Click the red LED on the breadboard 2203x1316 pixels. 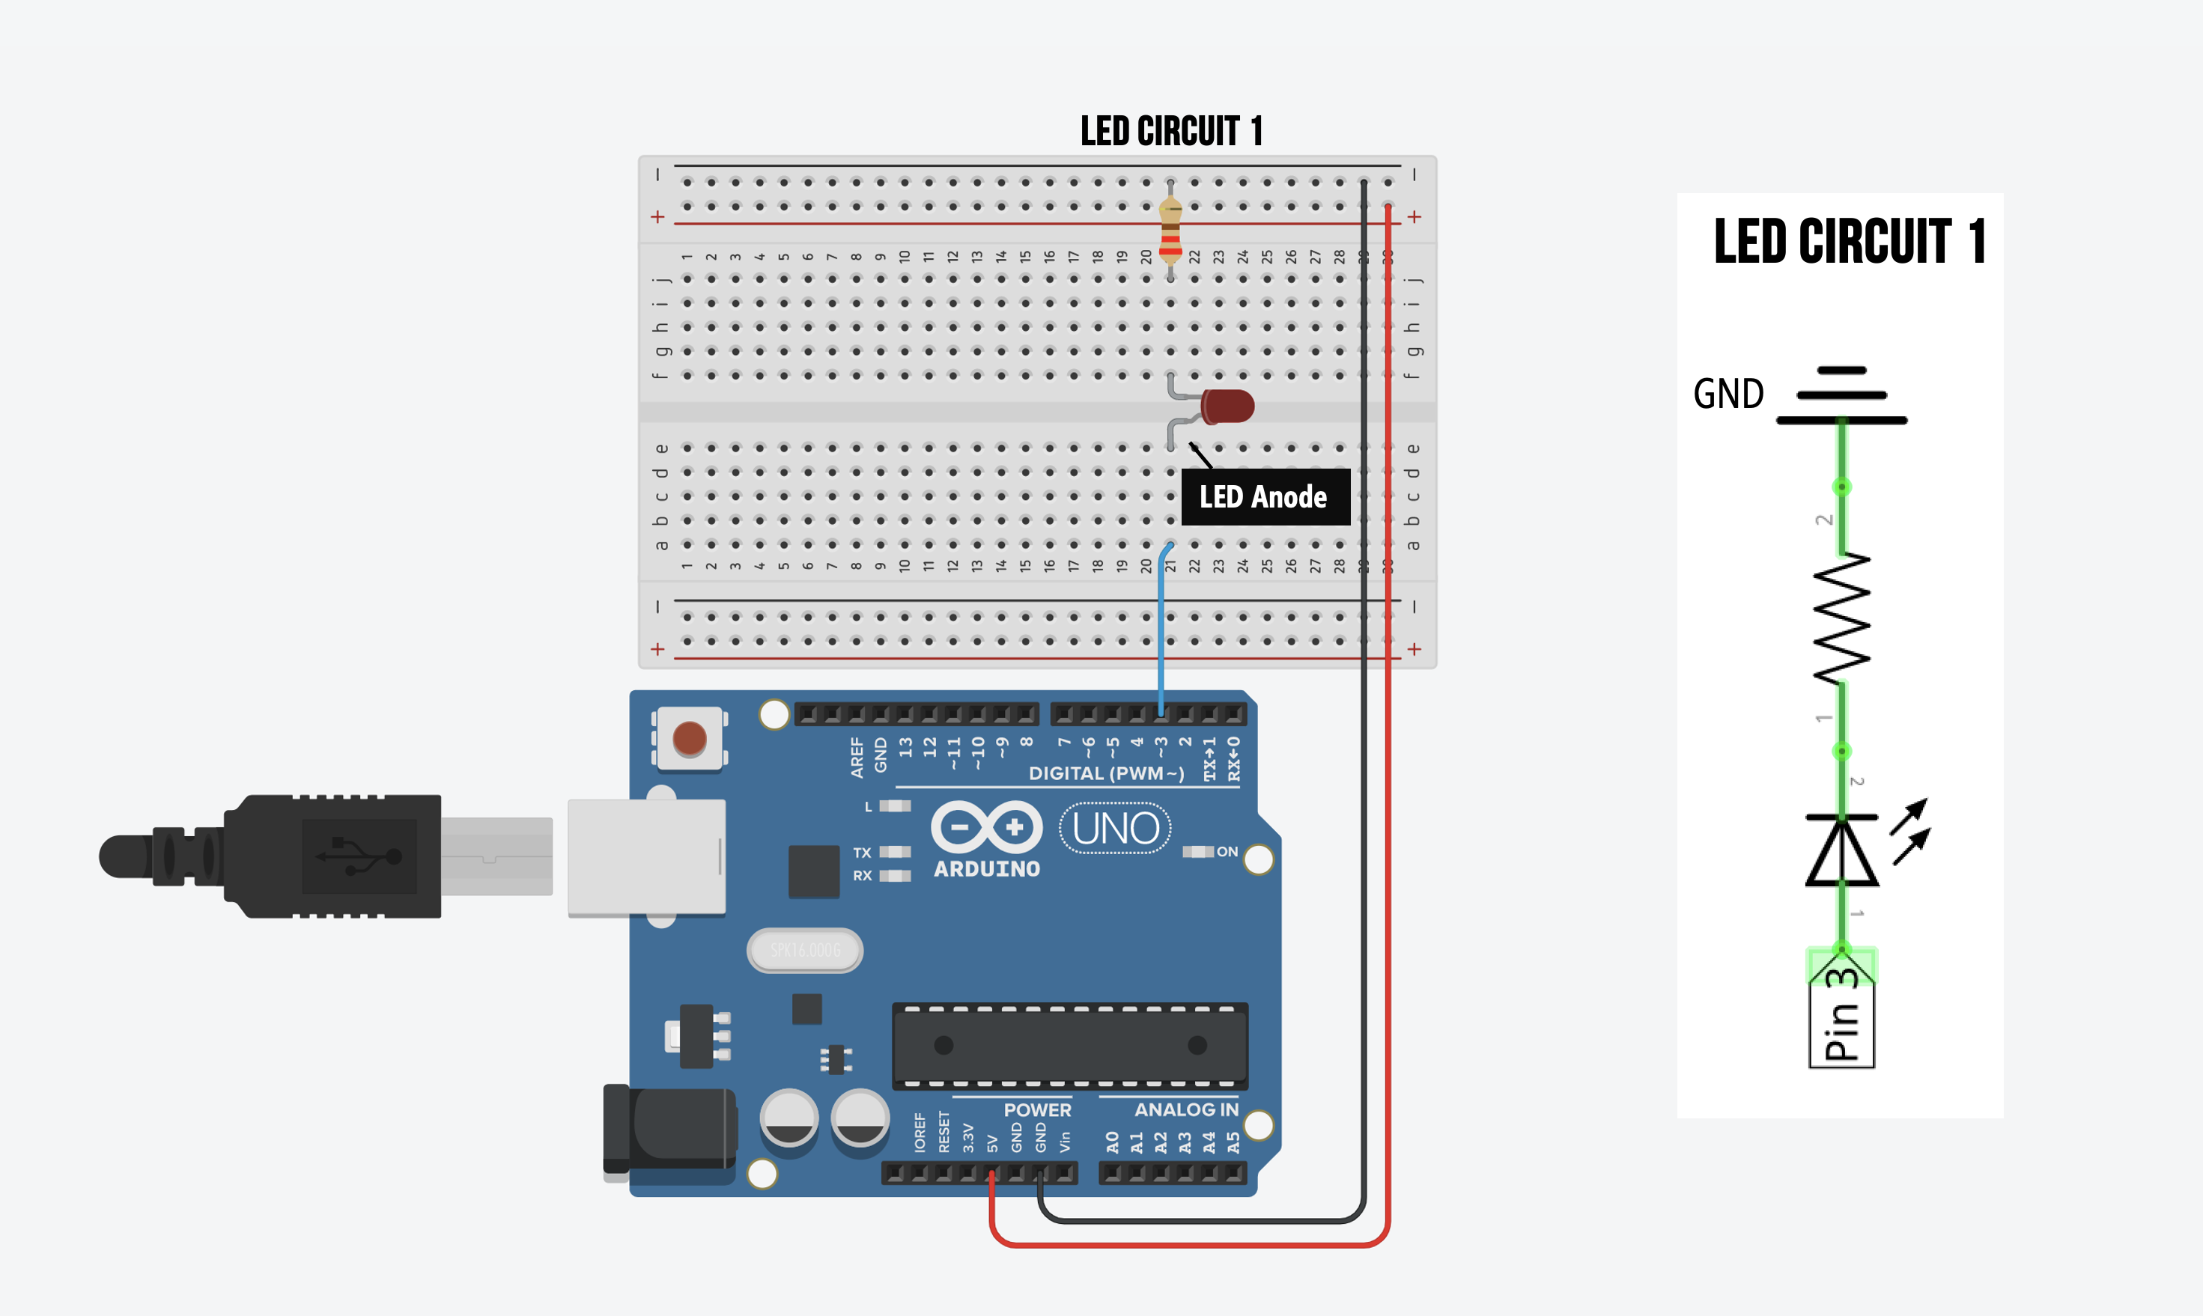pyautogui.click(x=1227, y=407)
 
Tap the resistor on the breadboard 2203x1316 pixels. pyautogui.click(x=1170, y=231)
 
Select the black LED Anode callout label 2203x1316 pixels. pyautogui.click(x=1265, y=496)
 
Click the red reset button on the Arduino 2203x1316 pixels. pyautogui.click(x=689, y=738)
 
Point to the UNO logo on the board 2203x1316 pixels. pyautogui.click(x=1115, y=828)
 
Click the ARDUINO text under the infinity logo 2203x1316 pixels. pyautogui.click(x=986, y=869)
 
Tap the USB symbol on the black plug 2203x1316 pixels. pyautogui.click(x=359, y=856)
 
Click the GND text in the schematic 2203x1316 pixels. pyautogui.click(x=1728, y=394)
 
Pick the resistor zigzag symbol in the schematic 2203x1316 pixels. pyautogui.click(x=1841, y=619)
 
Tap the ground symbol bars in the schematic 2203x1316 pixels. pyautogui.click(x=1841, y=395)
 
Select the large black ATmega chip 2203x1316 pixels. pyautogui.click(x=1069, y=1046)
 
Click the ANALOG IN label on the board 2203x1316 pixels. pyautogui.click(x=1186, y=1109)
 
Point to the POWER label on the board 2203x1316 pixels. pyautogui.click(x=1037, y=1109)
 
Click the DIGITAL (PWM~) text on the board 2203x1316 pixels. pyautogui.click(x=1106, y=773)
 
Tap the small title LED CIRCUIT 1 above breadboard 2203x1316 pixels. pyautogui.click(x=1170, y=131)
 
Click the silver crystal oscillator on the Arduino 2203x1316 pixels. pyautogui.click(x=804, y=951)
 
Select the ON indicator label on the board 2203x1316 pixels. pyautogui.click(x=1227, y=851)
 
